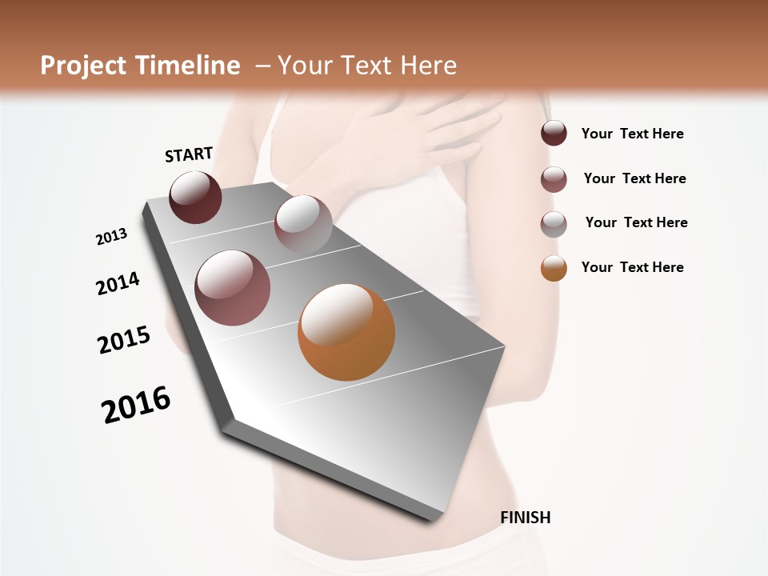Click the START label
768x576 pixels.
point(189,154)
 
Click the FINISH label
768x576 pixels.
point(525,518)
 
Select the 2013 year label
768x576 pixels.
point(111,237)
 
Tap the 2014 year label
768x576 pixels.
point(118,284)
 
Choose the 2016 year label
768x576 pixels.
point(136,405)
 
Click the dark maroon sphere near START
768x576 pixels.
point(195,197)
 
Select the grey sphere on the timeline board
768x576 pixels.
point(303,224)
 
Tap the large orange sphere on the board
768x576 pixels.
point(346,332)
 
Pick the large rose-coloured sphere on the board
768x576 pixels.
point(233,288)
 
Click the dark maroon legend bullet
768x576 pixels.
point(554,134)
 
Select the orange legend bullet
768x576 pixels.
point(554,268)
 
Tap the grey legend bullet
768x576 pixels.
point(554,224)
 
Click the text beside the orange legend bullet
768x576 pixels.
point(632,267)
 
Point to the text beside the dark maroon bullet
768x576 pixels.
point(632,134)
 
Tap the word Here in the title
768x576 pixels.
point(428,66)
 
